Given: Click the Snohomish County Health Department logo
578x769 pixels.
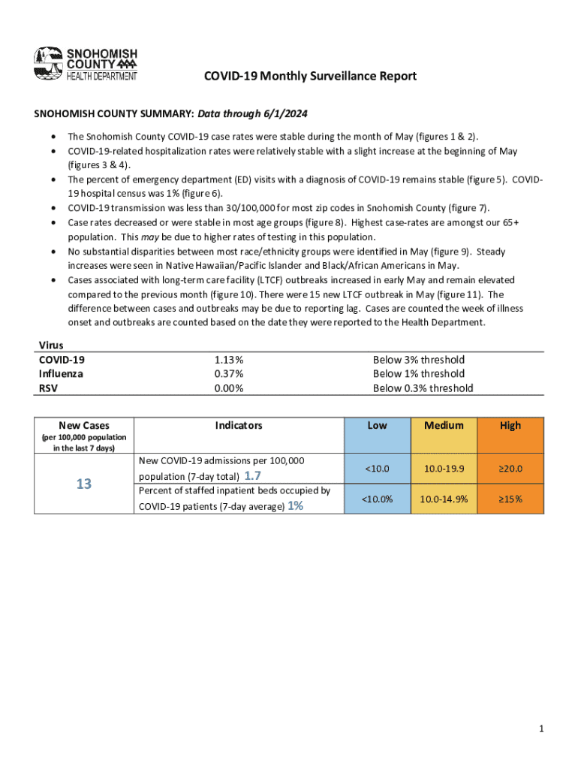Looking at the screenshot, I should [86, 64].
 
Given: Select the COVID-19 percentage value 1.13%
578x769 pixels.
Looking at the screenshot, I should [228, 360].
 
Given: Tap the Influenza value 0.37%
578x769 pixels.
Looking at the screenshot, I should [228, 374].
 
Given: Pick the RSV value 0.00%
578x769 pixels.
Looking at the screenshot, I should [228, 388].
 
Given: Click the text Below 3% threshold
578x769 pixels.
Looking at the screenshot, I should [418, 360].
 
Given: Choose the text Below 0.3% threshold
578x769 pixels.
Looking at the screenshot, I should [423, 388].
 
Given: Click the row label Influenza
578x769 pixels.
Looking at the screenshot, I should [61, 374].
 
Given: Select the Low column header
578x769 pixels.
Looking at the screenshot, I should [377, 426].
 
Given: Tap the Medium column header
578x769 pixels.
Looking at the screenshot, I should [444, 426].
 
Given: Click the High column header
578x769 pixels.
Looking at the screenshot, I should [510, 426].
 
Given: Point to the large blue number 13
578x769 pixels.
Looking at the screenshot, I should [83, 484].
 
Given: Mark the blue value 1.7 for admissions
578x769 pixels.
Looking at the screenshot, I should [253, 476].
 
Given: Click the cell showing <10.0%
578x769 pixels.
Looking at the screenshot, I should [377, 499].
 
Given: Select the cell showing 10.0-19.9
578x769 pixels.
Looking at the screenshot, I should [444, 469].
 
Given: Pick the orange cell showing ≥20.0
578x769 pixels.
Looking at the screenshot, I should [510, 469].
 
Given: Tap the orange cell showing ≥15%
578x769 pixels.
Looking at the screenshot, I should [510, 499].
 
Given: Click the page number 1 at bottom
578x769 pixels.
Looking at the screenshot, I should [540, 729].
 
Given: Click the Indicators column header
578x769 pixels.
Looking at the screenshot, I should [239, 426].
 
